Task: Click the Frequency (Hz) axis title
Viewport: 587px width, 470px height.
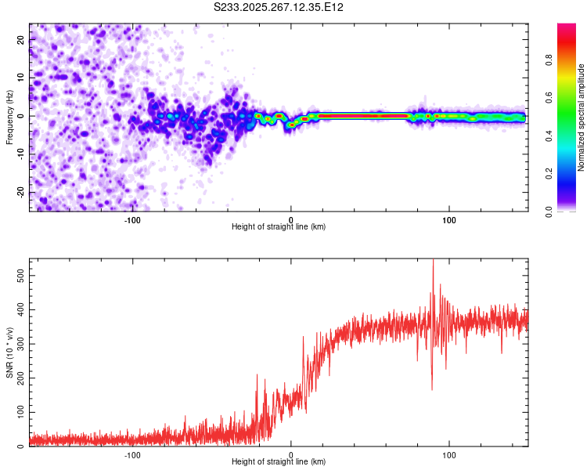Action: [x=9, y=117]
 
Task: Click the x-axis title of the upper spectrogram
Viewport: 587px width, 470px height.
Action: [x=279, y=226]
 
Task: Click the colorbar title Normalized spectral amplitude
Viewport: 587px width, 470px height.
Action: [x=581, y=117]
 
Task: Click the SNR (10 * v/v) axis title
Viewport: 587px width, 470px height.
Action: [x=9, y=352]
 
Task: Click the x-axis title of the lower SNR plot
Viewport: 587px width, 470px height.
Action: [x=279, y=461]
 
